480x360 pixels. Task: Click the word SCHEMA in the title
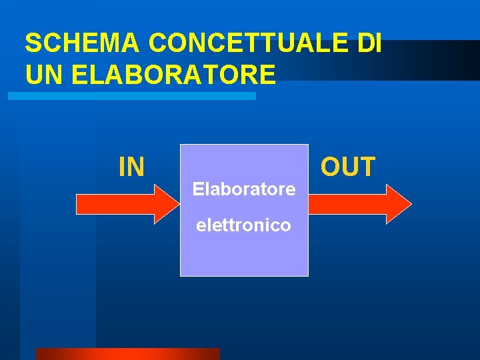tap(81, 43)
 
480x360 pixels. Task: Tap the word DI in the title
tap(369, 43)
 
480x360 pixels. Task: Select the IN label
tap(131, 167)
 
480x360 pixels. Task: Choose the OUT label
tap(348, 167)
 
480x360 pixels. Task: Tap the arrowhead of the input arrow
tap(163, 203)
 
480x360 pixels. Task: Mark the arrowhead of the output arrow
tap(399, 203)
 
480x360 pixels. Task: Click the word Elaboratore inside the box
tap(244, 189)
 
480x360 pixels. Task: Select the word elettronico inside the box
tap(243, 226)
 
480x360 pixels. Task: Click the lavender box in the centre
tap(244, 253)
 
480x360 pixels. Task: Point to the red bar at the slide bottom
tap(127, 354)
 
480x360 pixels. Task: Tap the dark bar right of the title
tap(433, 60)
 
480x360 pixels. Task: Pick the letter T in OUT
tap(367, 167)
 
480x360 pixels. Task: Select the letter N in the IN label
tap(136, 167)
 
